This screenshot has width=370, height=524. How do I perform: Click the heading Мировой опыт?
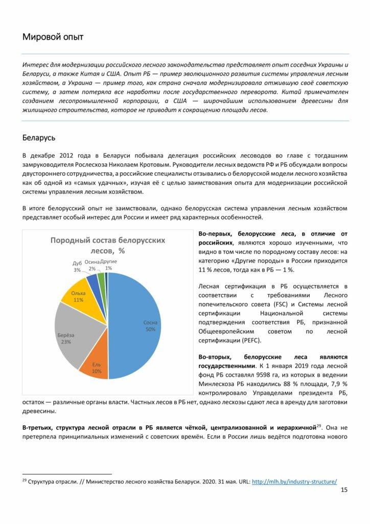[53, 37]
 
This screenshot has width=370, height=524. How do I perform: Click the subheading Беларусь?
[39, 138]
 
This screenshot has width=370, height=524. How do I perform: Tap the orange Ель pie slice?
[96, 366]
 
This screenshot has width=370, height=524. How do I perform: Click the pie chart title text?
[107, 245]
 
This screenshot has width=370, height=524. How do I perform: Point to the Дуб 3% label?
[77, 266]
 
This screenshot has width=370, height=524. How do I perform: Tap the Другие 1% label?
[108, 265]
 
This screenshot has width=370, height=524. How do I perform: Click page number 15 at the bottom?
[343, 490]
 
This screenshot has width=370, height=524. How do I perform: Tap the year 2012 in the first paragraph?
[67, 155]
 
